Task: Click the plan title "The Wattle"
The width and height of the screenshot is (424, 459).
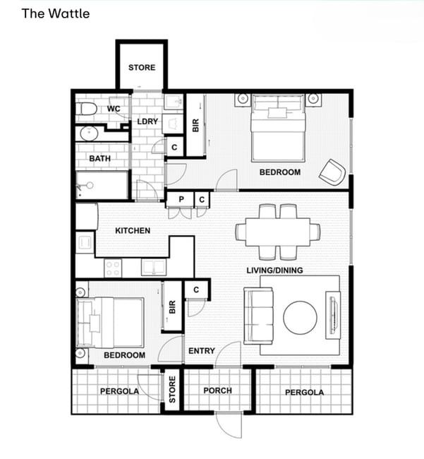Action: (56, 13)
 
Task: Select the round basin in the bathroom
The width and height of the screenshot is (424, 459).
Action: (89, 133)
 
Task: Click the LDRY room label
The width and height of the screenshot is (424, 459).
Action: (147, 121)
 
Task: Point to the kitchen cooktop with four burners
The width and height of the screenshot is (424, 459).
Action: (113, 268)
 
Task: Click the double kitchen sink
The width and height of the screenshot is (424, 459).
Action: (154, 267)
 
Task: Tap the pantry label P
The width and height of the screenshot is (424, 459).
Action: (181, 199)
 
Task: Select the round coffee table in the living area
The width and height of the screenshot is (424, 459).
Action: (300, 318)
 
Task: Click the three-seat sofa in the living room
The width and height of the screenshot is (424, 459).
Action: (258, 316)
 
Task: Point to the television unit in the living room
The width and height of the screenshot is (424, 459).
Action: (333, 315)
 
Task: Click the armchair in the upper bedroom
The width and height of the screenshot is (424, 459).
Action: (332, 172)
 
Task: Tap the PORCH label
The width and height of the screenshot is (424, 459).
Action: (217, 391)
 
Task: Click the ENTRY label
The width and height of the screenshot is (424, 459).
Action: (202, 351)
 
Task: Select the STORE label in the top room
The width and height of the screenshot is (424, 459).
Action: (142, 67)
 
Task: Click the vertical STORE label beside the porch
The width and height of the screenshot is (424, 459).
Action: (172, 389)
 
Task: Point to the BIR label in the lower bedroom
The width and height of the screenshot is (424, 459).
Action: (172, 307)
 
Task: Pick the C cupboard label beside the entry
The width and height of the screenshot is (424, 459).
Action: (196, 290)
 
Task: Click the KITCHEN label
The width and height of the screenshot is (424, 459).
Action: (133, 231)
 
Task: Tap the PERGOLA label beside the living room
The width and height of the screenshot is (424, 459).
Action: (304, 393)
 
